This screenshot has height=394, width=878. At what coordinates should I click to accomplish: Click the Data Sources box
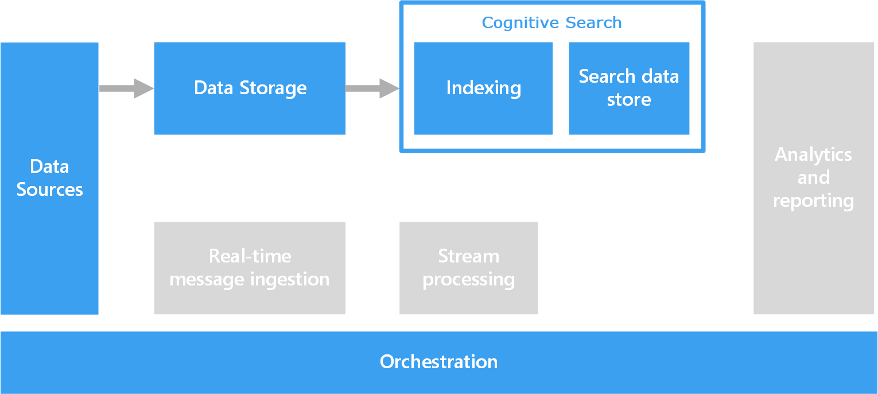pos(49,178)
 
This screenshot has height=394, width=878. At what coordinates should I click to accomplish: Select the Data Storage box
pos(250,88)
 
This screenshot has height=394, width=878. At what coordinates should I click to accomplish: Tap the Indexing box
pos(483,88)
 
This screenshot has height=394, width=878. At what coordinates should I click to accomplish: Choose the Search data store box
pos(629,88)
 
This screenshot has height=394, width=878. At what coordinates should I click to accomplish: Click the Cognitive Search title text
pos(551,23)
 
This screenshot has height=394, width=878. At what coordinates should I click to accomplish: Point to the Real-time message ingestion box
pos(250,268)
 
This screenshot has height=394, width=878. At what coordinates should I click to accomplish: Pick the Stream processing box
pos(468,268)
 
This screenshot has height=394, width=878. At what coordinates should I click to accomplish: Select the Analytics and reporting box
pos(814,178)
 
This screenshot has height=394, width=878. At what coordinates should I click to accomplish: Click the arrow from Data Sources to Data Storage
pos(127,88)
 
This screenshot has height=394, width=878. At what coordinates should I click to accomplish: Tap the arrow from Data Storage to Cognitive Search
pos(372,88)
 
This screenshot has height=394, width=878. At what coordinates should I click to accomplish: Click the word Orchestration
pos(438,361)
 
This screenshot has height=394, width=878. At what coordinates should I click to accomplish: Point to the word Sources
pos(50,190)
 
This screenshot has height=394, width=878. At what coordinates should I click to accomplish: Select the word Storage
pos(273,88)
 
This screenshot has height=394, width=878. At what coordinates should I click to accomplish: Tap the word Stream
pos(469,256)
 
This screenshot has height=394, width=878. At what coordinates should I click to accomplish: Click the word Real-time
pos(250,256)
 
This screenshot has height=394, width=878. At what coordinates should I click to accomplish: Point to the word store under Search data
pos(629,100)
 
